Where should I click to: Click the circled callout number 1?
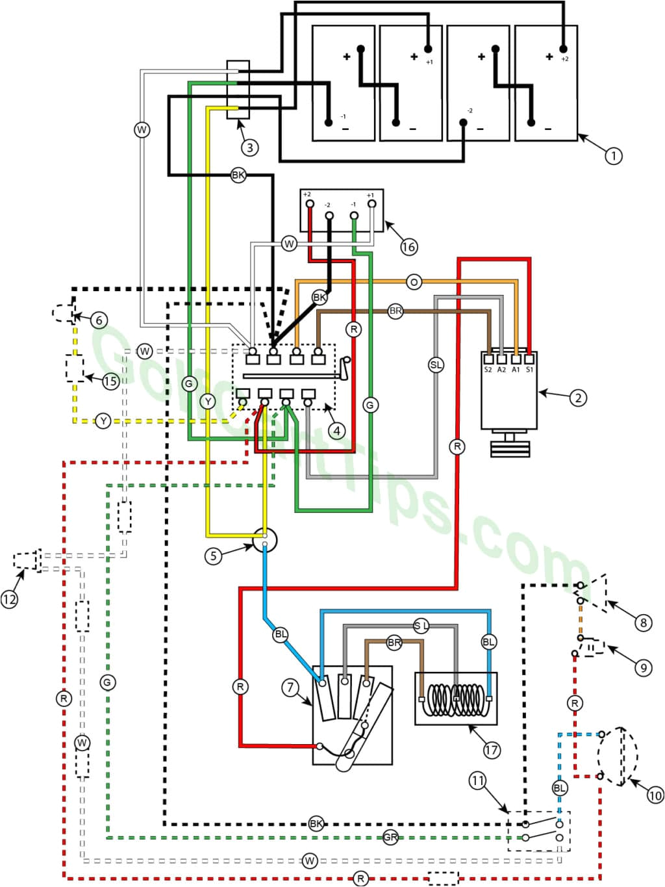pyautogui.click(x=613, y=156)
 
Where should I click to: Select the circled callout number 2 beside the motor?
pyautogui.click(x=578, y=397)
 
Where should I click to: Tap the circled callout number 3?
pyautogui.click(x=250, y=148)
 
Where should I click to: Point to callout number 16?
pyautogui.click(x=408, y=247)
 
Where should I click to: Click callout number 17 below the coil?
pyautogui.click(x=492, y=750)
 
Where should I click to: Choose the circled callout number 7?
pyautogui.click(x=290, y=687)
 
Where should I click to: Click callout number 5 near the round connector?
pyautogui.click(x=214, y=556)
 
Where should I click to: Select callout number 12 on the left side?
pyautogui.click(x=9, y=599)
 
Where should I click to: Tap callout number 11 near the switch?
pyautogui.click(x=478, y=780)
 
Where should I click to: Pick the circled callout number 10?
pyautogui.click(x=655, y=795)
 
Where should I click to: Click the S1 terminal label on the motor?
pyautogui.click(x=529, y=370)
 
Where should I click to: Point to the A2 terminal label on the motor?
pyautogui.click(x=501, y=370)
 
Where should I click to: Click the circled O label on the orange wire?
pyautogui.click(x=414, y=282)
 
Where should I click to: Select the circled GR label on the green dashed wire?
pyautogui.click(x=390, y=838)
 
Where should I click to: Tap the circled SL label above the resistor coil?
pyautogui.click(x=421, y=626)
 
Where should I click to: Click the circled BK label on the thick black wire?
pyautogui.click(x=238, y=175)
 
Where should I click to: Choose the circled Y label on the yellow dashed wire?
pyautogui.click(x=103, y=421)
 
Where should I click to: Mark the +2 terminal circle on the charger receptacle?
pyautogui.click(x=310, y=204)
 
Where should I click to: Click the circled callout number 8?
pyautogui.click(x=643, y=623)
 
